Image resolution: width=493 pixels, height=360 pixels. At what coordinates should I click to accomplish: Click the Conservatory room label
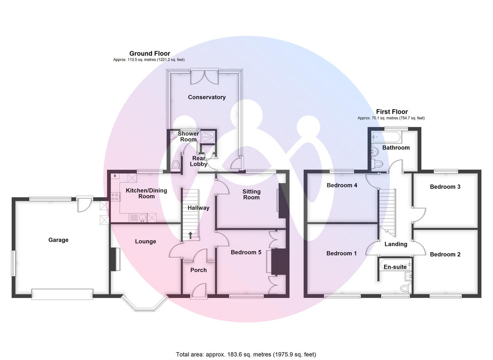coord(207,97)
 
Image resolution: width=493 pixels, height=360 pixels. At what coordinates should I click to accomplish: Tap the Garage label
coord(58,240)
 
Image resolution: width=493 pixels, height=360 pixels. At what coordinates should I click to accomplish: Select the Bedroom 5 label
coord(246,252)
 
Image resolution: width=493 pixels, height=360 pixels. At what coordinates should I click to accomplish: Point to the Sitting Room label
coord(251,195)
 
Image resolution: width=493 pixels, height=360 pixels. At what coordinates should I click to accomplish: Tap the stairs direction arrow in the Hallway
coord(191,235)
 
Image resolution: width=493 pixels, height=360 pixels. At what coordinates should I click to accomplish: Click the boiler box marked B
coord(115,176)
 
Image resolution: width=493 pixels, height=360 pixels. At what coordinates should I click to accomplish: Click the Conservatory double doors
coord(204,76)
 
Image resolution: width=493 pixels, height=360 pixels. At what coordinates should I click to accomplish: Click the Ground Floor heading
coord(150,53)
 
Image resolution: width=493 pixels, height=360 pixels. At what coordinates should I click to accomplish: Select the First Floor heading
coord(392,112)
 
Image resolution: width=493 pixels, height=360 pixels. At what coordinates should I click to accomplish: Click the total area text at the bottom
coord(246,354)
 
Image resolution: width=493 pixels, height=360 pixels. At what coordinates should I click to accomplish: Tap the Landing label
coord(396,244)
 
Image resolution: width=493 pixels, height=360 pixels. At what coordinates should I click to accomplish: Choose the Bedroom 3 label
coord(445,187)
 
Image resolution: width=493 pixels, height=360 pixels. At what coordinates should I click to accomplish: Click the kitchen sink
coord(139,217)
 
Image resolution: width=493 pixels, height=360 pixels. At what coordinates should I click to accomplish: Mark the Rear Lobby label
coord(198,161)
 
